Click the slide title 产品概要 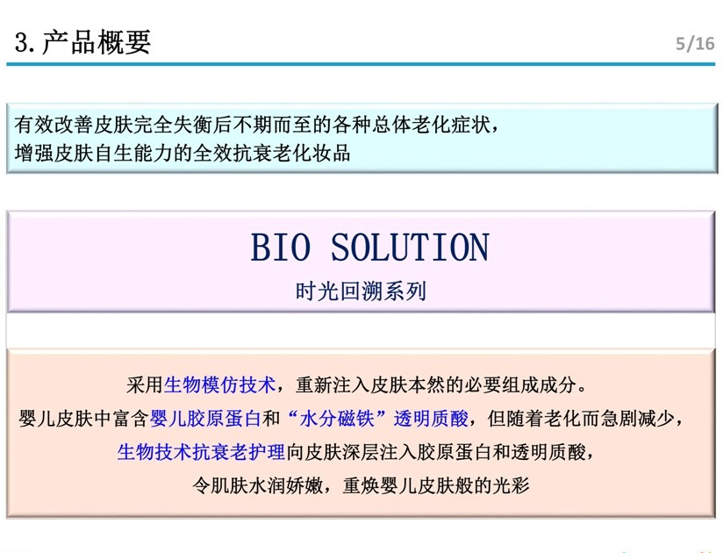pos(97,42)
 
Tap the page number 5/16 pos(695,44)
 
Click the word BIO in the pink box pos(281,248)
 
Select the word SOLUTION pos(410,248)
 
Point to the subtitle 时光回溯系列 pos(361,291)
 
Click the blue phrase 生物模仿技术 pos(219,384)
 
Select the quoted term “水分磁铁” pos(336,419)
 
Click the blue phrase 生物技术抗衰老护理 pos(201,452)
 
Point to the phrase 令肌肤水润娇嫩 pos(258,485)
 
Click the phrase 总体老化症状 pos(431,125)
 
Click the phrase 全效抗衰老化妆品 pos(272,153)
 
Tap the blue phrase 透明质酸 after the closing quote pos(431,419)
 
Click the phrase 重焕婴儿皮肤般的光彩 pos(436,485)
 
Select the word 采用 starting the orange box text pos(145,384)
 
